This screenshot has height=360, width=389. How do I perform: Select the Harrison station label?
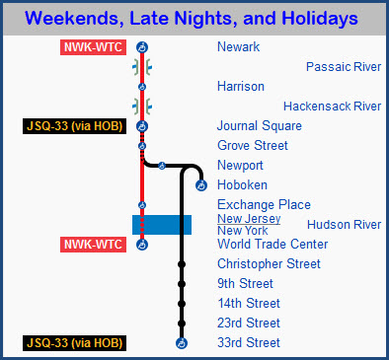[x=241, y=87]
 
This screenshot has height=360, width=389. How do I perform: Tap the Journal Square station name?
[x=260, y=126]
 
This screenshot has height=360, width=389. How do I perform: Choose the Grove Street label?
[x=253, y=146]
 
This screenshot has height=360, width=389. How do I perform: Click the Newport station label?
[x=240, y=166]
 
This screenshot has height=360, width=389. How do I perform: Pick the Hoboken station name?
[x=242, y=185]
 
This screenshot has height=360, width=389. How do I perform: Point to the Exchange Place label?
[x=264, y=205]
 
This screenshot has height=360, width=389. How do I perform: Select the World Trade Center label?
[x=272, y=245]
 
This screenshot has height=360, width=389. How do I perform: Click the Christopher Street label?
[x=269, y=264]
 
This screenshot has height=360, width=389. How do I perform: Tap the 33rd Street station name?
[x=249, y=343]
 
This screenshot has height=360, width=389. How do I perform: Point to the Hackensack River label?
[x=332, y=107]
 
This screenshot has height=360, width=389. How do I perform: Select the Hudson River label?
[x=344, y=225]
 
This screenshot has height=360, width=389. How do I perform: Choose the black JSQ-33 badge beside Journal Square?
[x=77, y=126]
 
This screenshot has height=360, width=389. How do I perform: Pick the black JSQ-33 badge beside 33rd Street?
[x=77, y=343]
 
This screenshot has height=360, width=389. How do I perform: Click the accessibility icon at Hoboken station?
[x=201, y=185]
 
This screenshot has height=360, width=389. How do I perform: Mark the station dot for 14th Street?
[x=182, y=304]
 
